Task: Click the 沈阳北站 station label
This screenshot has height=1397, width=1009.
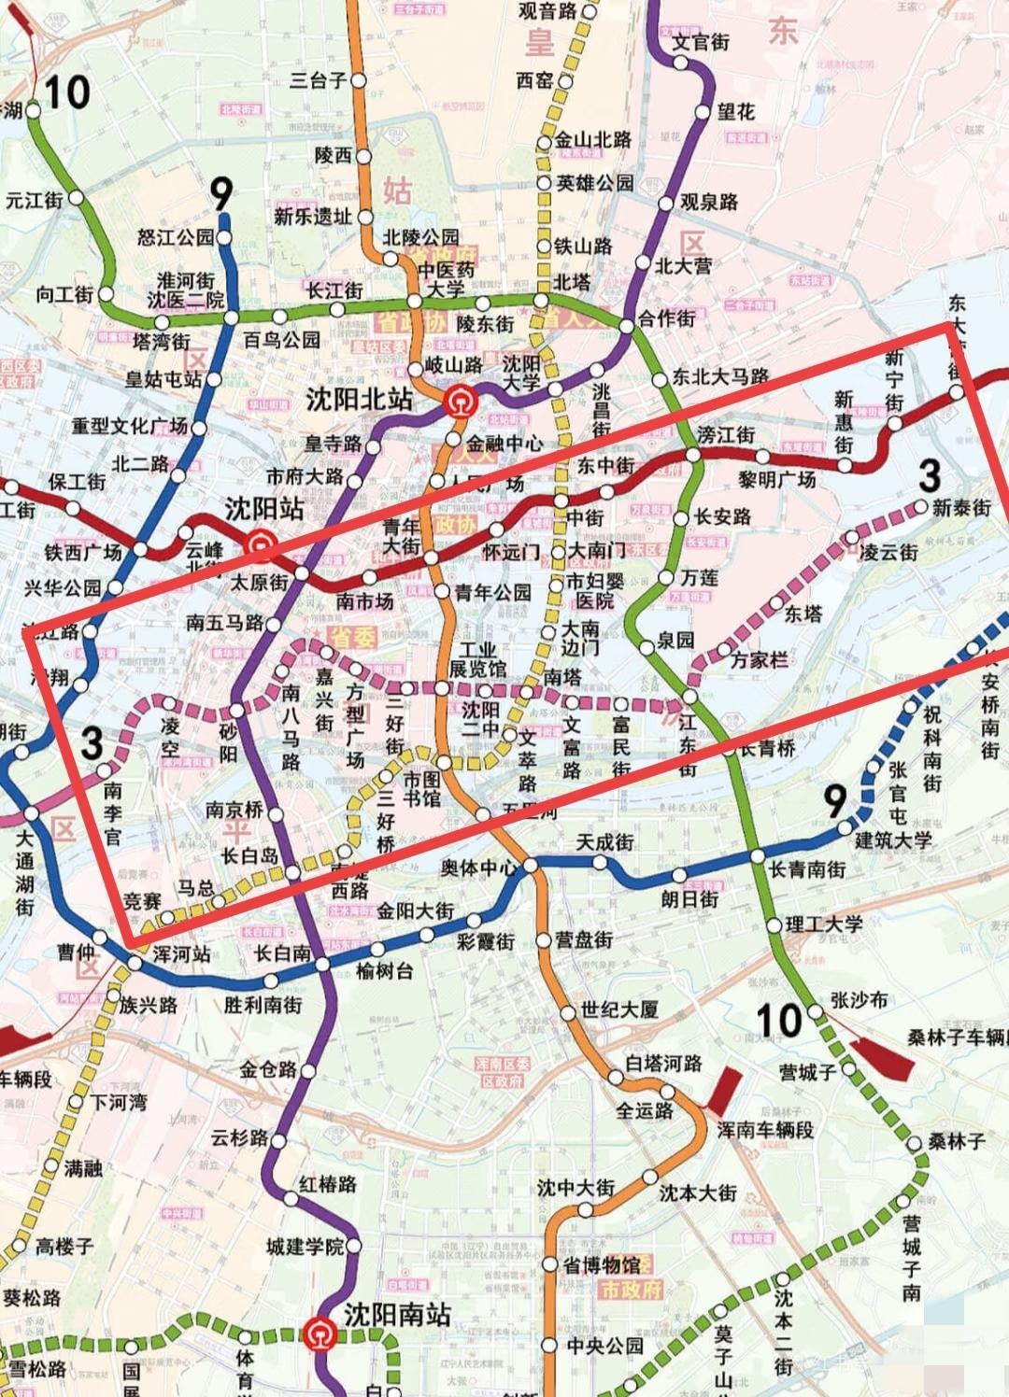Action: click(359, 400)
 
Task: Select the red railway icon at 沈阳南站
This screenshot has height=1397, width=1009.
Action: click(321, 1333)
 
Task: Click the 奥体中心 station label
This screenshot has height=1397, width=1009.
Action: click(478, 868)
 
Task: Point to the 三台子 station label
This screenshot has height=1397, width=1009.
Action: click(318, 80)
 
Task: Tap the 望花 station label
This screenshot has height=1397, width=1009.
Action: click(736, 112)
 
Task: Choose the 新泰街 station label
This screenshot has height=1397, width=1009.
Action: click(961, 507)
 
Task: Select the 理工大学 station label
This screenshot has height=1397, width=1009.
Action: click(823, 924)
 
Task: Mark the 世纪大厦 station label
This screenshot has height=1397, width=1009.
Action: click(618, 1009)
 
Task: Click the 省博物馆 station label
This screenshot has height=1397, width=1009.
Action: click(602, 1265)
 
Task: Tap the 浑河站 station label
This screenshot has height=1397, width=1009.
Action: click(181, 954)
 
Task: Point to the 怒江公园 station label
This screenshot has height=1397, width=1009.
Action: click(176, 237)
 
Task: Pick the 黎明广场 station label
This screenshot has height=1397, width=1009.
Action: click(777, 480)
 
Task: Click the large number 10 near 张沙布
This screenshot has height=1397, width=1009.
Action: click(778, 1021)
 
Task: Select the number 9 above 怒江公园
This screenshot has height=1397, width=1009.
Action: click(220, 194)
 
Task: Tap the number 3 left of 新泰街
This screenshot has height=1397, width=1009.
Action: click(928, 475)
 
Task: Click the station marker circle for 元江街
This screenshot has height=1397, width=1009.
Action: click(76, 198)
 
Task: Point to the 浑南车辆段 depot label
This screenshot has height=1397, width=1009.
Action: click(764, 1130)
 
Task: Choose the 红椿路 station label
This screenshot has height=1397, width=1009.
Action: click(328, 1184)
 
